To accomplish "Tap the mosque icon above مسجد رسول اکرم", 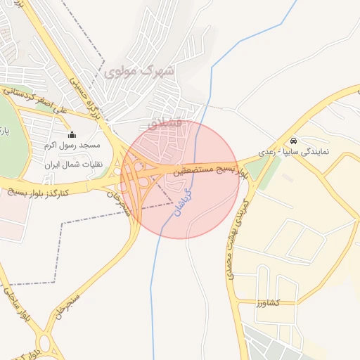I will pyautogui.click(x=71, y=134).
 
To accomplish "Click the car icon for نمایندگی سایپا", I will pyautogui.click(x=293, y=140).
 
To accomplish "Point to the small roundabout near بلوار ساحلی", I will pyautogui.click(x=44, y=342).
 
